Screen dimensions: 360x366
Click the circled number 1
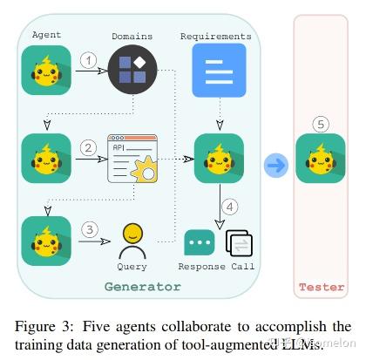[88, 59]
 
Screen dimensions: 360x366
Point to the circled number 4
[229, 207]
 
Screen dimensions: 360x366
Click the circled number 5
[321, 125]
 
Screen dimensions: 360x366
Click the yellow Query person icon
[132, 237]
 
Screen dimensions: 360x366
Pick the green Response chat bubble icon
[199, 242]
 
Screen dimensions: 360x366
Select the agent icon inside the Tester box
[321, 159]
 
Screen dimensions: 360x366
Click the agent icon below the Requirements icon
[220, 159]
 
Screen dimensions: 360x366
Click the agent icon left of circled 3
[45, 241]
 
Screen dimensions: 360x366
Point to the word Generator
[142, 286]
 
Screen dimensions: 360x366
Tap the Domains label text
[132, 37]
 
